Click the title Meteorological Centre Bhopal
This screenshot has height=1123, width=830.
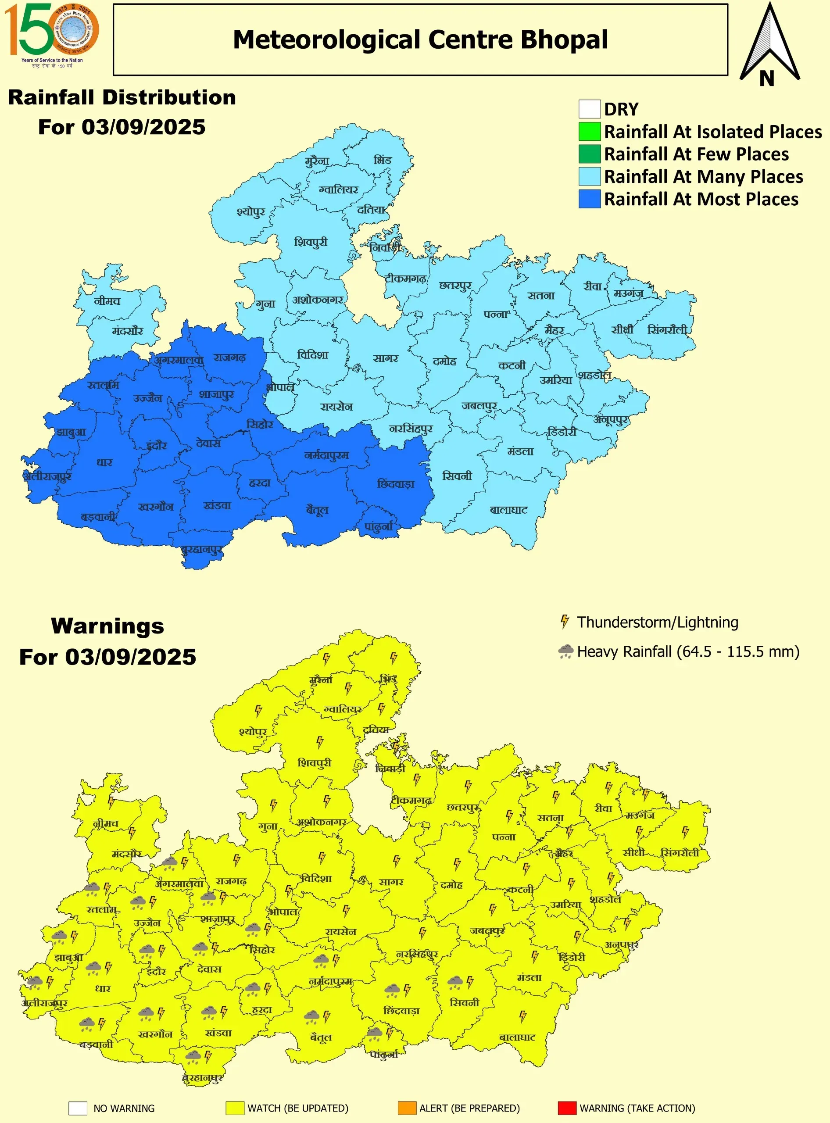point(420,39)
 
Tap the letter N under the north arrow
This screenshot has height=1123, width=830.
point(766,79)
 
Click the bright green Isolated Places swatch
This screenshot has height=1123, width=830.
point(589,132)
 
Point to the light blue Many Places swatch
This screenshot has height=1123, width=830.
point(589,176)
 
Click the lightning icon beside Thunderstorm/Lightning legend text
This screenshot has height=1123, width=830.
point(565,622)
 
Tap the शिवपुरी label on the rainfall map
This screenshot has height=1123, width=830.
point(311,242)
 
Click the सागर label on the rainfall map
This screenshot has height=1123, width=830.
point(385,358)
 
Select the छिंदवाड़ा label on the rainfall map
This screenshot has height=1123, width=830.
point(396,484)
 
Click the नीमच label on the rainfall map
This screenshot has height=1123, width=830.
point(107,301)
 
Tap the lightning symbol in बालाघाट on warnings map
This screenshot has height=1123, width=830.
point(522,1016)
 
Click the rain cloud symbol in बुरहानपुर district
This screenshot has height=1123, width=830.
point(193,1057)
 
